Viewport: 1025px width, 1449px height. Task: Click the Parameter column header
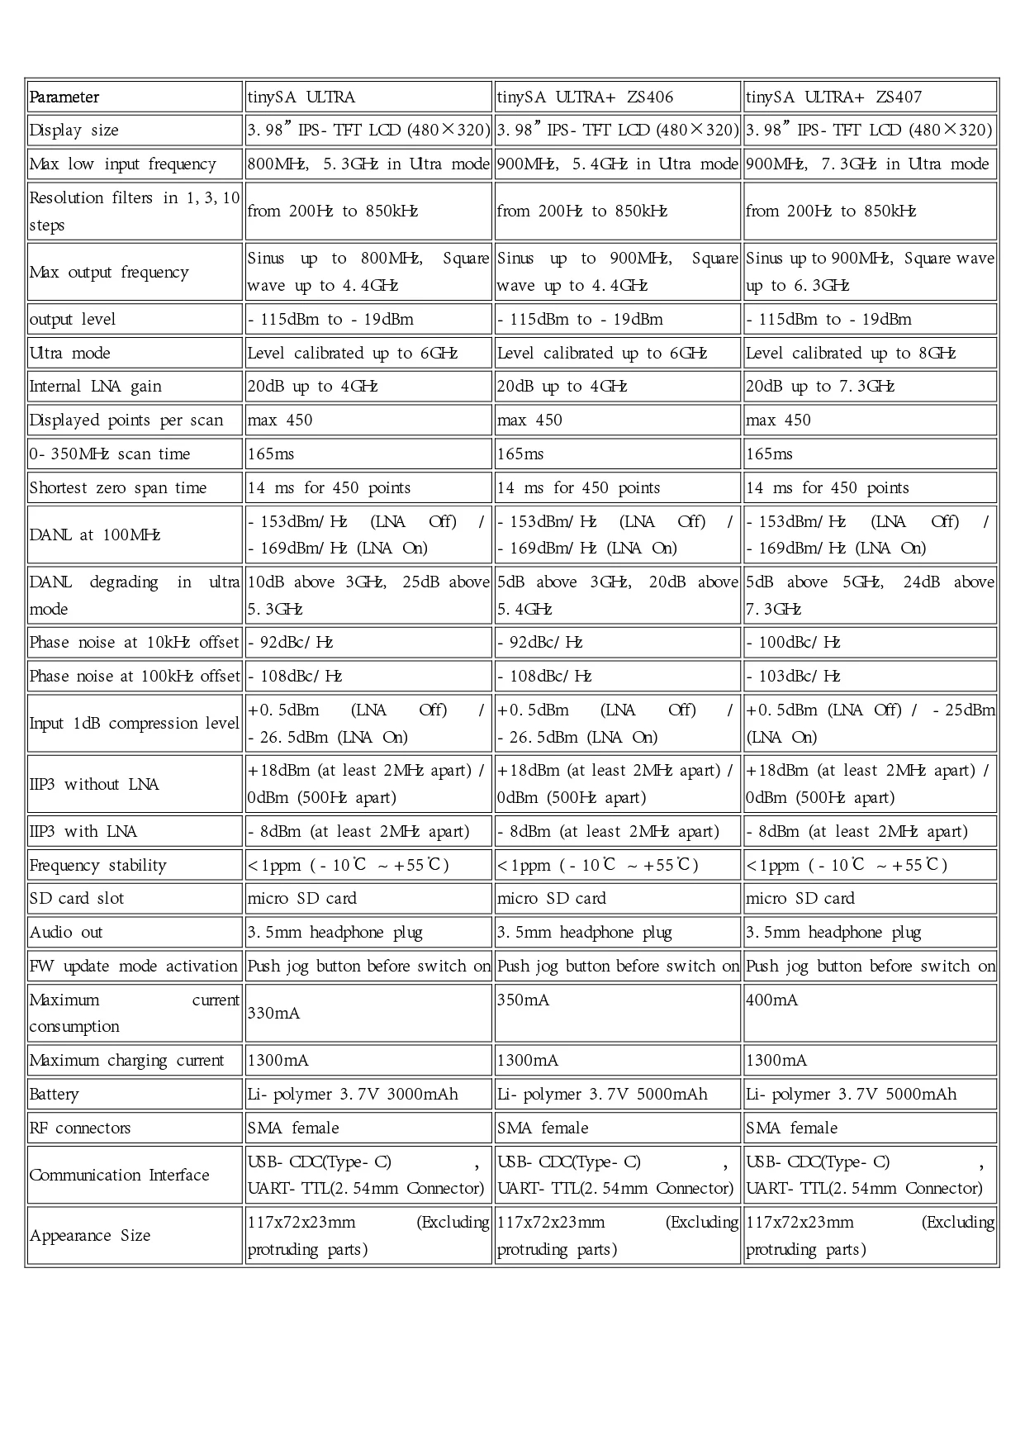64,97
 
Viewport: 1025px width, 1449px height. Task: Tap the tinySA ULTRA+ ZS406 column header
585,97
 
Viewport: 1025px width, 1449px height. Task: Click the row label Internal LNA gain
95,387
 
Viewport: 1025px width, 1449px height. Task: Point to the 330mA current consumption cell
273,1013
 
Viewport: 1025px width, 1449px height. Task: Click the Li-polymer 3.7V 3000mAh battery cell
353,1095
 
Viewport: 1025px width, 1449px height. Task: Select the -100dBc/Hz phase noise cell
794,643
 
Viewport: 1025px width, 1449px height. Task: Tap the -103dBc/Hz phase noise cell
794,677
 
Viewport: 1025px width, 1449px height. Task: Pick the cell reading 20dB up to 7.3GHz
820,387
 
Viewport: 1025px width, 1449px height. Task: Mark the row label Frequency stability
97,866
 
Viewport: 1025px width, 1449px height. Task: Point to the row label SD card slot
76,899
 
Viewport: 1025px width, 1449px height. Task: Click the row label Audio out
66,933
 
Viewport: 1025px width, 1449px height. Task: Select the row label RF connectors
79,1128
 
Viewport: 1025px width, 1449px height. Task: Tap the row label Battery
55,1095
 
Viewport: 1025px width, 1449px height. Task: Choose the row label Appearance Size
90,1236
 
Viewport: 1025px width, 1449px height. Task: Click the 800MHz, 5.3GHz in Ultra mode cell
368,164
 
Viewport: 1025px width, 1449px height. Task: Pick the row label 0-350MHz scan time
110,454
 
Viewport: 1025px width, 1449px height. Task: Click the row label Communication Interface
119,1176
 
